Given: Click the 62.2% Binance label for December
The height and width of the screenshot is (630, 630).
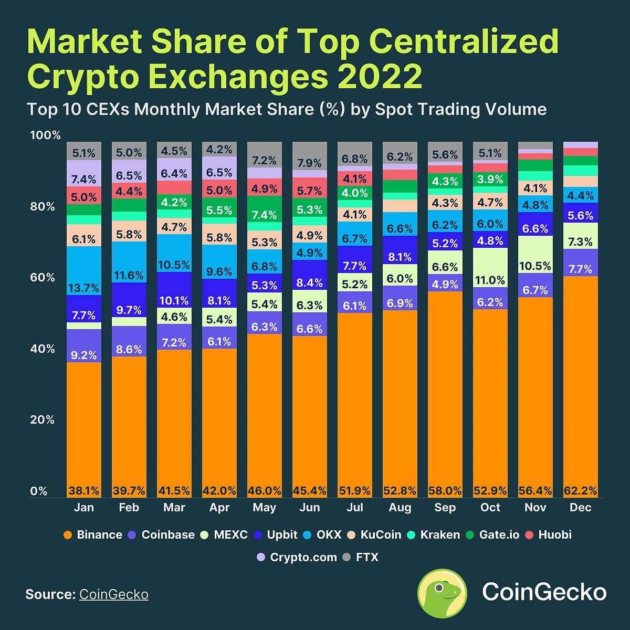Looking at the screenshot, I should (580, 491).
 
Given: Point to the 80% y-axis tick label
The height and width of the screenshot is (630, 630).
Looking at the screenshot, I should (42, 206).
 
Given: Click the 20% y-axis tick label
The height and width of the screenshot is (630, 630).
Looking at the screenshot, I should (42, 420).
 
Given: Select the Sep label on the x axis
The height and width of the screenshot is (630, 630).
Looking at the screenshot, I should (445, 508).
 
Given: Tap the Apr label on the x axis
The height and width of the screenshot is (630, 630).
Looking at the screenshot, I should (219, 508).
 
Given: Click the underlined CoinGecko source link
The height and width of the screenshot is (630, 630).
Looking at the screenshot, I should (114, 594).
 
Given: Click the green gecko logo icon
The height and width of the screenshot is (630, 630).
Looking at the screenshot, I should (442, 593).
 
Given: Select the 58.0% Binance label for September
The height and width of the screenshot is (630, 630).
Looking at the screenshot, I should (445, 491).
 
